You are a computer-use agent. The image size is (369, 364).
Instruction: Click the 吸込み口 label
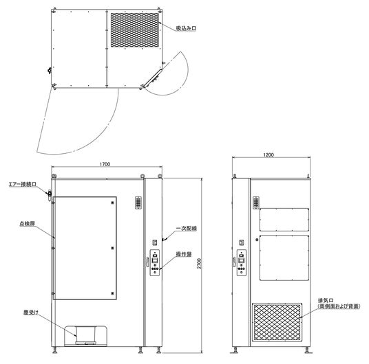tap(186, 28)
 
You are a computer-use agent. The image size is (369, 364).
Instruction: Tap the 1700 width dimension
tap(105, 164)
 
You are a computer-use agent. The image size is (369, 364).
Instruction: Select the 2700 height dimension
tap(199, 264)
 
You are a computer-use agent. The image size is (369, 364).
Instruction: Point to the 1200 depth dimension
tap(268, 155)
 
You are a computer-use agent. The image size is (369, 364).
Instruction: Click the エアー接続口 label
tap(23, 184)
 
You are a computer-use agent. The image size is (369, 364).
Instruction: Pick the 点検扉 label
tap(28, 224)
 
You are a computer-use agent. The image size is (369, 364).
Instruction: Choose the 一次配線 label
tap(187, 228)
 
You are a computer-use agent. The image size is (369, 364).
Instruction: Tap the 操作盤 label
tap(184, 254)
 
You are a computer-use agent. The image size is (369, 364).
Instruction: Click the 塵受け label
tap(31, 312)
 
